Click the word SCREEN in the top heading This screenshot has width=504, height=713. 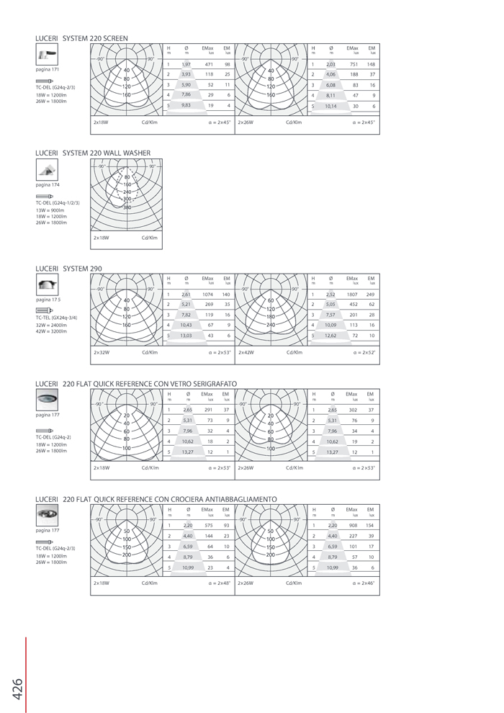pos(116,37)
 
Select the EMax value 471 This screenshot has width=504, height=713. pos(210,64)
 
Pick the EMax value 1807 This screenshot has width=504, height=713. pos(353,294)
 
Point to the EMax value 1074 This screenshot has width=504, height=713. pos(209,294)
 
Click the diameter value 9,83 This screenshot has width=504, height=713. pos(186,105)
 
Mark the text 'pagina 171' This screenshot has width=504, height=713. pos(48,69)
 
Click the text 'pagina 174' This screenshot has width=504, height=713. pos(48,185)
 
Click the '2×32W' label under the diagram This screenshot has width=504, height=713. pos(102,353)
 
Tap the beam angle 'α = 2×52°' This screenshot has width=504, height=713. pos(364,353)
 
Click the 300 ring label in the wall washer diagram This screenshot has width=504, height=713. pos(127,199)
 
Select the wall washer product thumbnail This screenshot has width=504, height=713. pos(47,170)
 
